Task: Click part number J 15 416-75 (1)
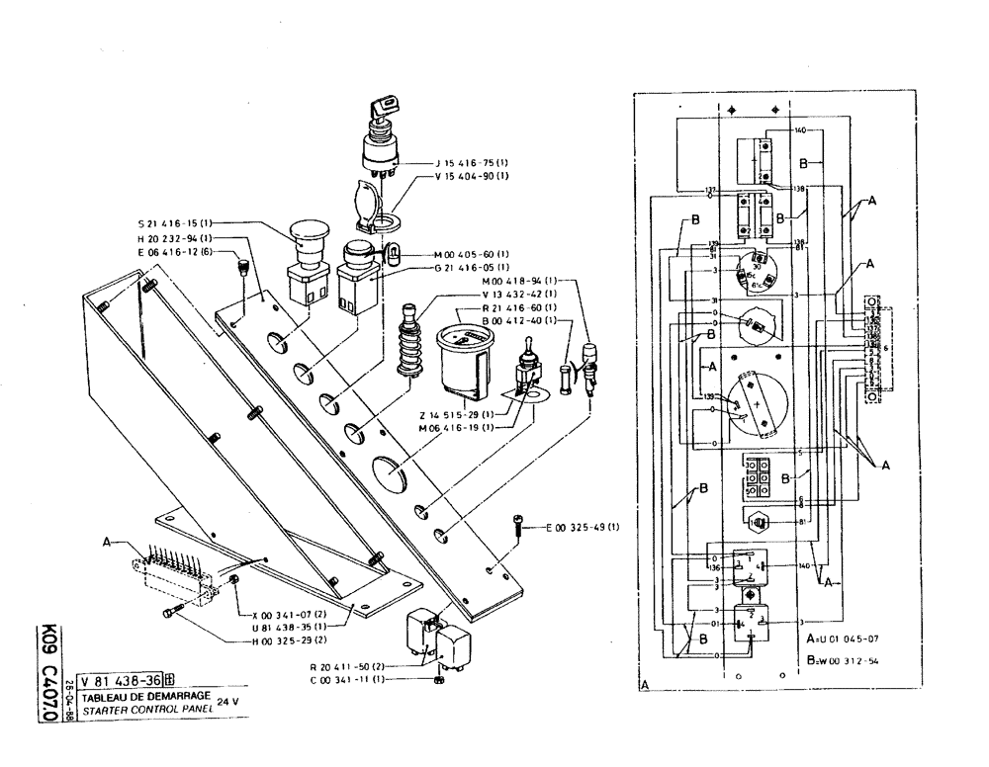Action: [471, 162]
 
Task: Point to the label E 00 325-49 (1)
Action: [583, 526]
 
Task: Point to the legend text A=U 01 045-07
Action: [846, 638]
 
